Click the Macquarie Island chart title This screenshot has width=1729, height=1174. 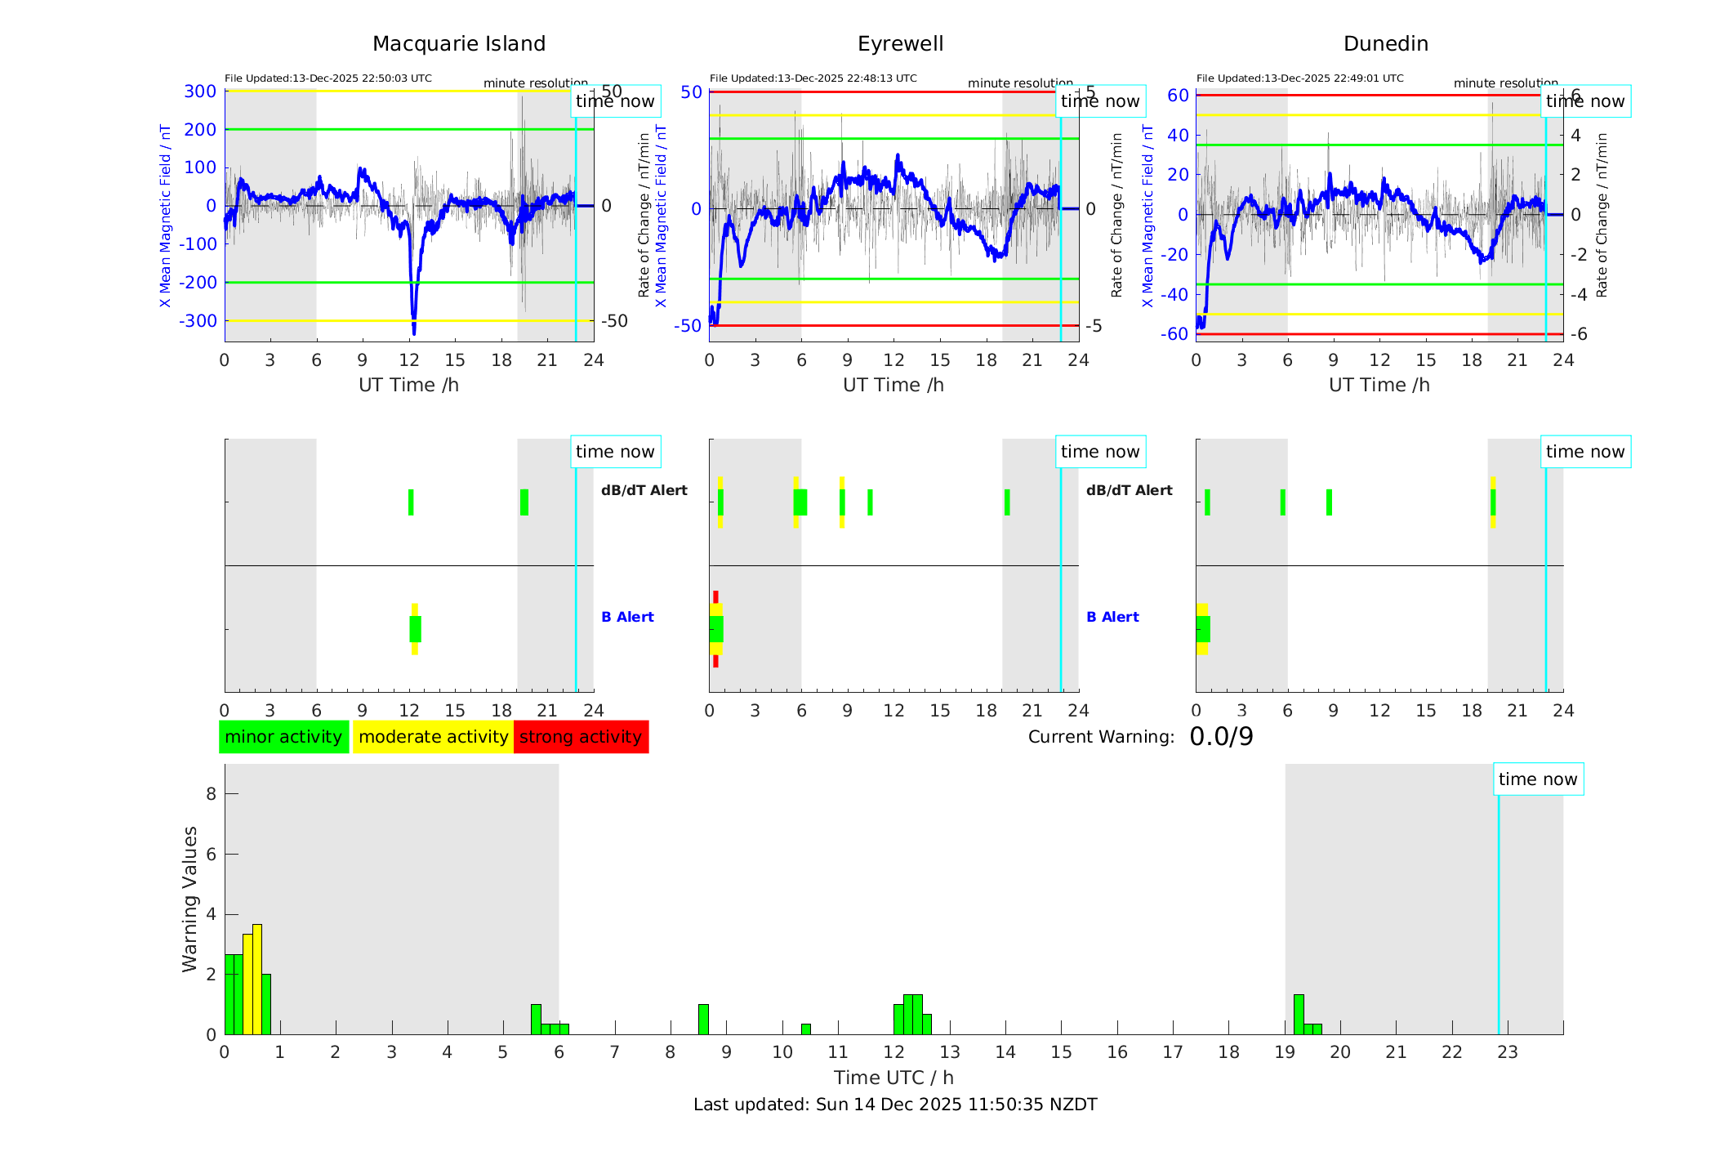(x=459, y=44)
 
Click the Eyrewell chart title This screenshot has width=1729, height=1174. (x=900, y=44)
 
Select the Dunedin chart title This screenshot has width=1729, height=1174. (x=1385, y=44)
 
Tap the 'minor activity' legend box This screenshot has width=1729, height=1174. (x=283, y=737)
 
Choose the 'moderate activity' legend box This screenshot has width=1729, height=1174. (x=433, y=737)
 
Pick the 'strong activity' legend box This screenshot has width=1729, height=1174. (x=581, y=737)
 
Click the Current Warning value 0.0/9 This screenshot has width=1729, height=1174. (x=1221, y=737)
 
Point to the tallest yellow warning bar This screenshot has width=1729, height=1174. (x=257, y=979)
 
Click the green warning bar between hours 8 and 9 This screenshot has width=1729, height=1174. (x=703, y=1019)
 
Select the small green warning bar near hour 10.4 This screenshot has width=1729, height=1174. (x=806, y=1029)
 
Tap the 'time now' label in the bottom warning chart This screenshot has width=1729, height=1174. (x=1538, y=779)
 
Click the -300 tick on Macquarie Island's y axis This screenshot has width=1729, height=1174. (x=199, y=321)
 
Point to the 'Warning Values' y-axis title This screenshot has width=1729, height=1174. (x=190, y=899)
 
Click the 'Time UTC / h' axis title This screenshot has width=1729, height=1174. (x=893, y=1078)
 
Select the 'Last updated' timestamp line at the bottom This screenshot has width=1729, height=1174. (x=895, y=1105)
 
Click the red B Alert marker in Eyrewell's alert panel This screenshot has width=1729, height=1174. (x=715, y=596)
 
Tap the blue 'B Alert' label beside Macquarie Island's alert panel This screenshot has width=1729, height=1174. (x=627, y=617)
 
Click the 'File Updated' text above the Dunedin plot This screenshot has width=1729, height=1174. (x=1299, y=78)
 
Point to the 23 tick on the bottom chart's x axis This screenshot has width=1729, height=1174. (x=1508, y=1052)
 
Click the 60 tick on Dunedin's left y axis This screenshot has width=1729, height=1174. (x=1178, y=96)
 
